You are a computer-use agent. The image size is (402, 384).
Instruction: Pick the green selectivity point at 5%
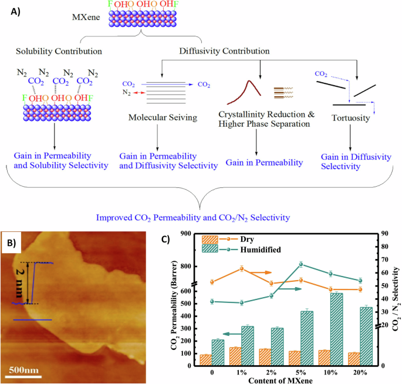pyautogui.click(x=300, y=264)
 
